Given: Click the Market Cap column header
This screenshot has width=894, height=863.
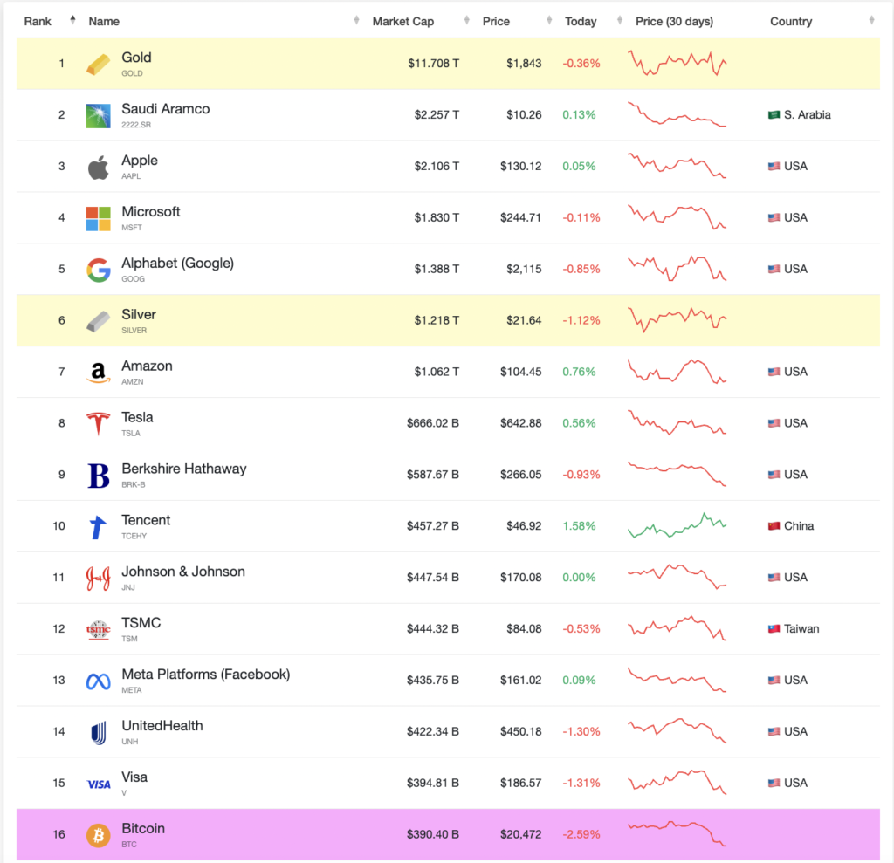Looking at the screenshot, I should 402,21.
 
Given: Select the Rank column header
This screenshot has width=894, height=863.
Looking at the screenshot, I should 38,21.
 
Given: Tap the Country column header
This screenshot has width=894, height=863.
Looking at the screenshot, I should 791,21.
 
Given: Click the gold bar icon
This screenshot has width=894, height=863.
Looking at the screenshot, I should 99,64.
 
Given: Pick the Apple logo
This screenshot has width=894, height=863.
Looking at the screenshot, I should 99,167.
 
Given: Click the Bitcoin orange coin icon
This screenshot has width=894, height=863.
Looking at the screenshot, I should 99,835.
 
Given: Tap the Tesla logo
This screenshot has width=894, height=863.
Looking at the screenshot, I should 99,424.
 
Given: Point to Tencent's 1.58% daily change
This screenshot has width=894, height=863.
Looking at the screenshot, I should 580,526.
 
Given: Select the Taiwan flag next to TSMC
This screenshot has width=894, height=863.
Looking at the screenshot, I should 774,629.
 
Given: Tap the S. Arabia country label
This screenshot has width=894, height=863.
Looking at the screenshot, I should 807,115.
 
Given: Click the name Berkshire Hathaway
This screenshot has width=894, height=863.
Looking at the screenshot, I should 183,469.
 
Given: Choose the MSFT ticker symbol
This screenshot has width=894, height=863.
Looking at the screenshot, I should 132,228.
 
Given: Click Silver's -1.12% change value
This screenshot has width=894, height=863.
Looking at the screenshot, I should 580,320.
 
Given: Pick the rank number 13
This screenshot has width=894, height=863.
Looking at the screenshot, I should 58,681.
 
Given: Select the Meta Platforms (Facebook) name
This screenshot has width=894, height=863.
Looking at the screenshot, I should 205,675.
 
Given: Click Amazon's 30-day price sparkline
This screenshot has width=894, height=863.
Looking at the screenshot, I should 677,372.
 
